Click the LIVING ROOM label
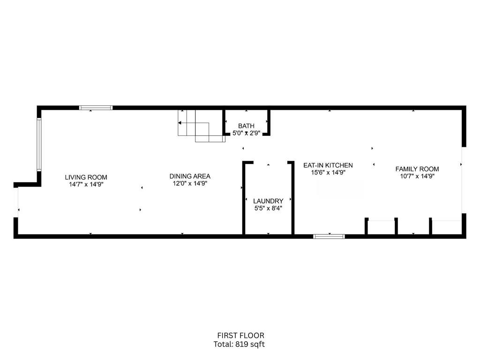click(x=86, y=177)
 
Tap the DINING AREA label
click(x=190, y=176)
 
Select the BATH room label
click(x=246, y=126)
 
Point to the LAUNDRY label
click(x=268, y=201)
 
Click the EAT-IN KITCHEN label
click(x=328, y=165)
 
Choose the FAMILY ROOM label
click(x=417, y=169)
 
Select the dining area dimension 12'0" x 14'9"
click(x=190, y=184)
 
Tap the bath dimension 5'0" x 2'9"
click(x=246, y=133)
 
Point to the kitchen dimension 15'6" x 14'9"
click(x=328, y=172)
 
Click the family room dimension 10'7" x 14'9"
click(x=417, y=176)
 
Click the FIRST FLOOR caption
click(x=240, y=336)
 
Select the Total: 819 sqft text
click(x=239, y=345)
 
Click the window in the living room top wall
click(x=96, y=108)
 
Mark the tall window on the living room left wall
click(x=39, y=144)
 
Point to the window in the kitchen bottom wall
click(x=329, y=236)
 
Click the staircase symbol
click(x=202, y=126)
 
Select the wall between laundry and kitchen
click(x=292, y=198)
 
